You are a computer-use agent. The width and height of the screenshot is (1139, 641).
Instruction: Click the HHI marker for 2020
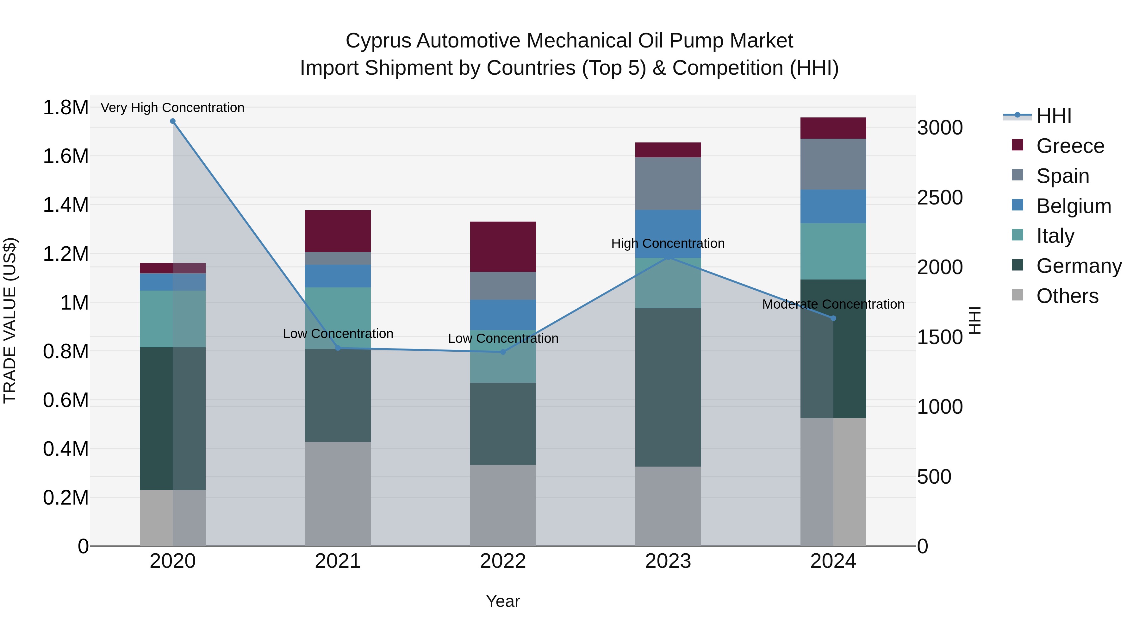click(173, 121)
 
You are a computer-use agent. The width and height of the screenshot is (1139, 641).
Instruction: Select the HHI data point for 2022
click(503, 352)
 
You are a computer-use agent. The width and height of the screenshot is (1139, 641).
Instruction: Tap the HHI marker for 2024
click(833, 318)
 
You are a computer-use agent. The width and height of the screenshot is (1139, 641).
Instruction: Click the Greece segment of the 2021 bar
click(338, 231)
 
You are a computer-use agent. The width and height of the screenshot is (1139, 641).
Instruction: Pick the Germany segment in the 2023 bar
click(668, 387)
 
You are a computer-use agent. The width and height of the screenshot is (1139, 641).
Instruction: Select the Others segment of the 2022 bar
click(503, 505)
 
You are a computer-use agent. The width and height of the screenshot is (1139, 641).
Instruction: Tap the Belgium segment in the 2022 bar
click(503, 315)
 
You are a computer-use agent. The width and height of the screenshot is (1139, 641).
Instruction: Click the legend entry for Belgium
click(1074, 206)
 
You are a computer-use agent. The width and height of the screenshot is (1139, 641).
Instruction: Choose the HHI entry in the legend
click(1054, 116)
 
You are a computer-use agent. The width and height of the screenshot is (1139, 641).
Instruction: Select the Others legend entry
click(1067, 296)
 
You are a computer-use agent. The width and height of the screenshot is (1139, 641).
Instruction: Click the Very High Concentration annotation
click(172, 108)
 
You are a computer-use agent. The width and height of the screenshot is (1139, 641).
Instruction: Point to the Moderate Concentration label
click(833, 304)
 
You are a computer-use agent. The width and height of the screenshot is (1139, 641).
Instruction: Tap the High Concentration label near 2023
click(668, 243)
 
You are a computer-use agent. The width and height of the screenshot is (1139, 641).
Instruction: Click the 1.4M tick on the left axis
click(65, 205)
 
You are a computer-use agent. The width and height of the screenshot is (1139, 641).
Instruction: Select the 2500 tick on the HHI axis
click(940, 198)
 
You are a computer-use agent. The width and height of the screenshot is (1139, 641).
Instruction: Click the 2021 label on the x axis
click(338, 561)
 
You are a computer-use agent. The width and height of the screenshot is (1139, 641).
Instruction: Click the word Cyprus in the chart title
click(378, 41)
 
